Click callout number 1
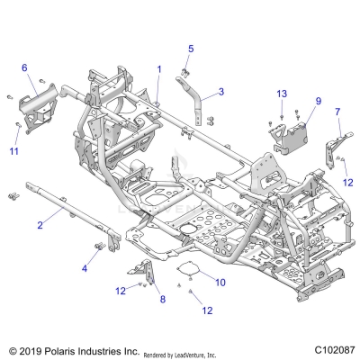click(x=159, y=68)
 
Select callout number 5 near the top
click(x=191, y=48)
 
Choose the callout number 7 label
click(x=337, y=112)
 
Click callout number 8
click(x=162, y=299)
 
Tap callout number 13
click(x=282, y=94)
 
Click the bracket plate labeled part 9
click(x=293, y=133)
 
